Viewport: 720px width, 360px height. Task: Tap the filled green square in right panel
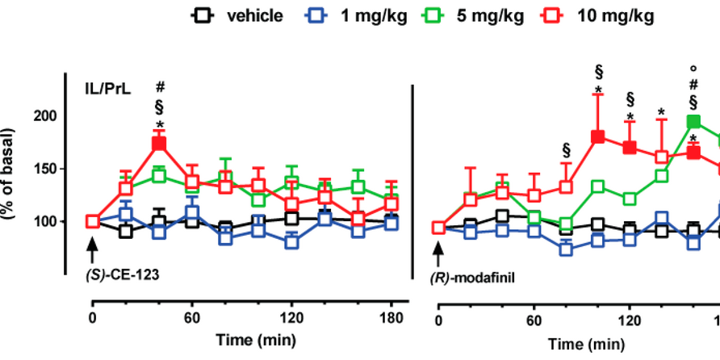tap(693, 122)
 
